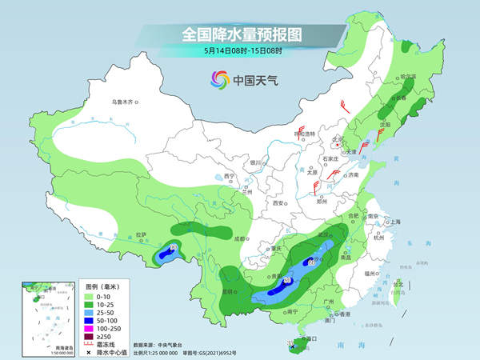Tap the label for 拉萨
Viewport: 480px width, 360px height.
141,234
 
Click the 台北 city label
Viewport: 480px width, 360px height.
399,282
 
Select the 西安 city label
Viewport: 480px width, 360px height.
278,203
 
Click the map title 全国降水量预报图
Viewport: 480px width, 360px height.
239,34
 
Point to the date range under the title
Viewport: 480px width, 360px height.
239,50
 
